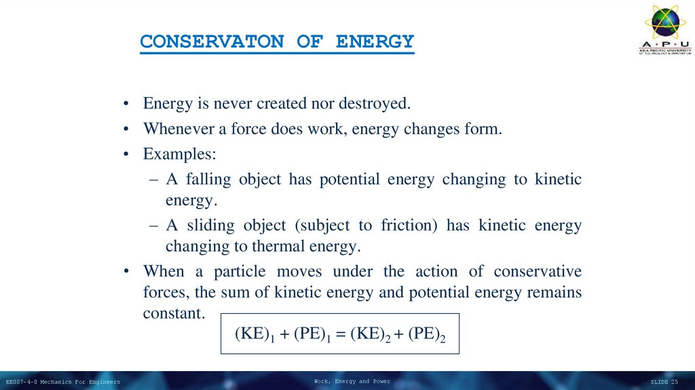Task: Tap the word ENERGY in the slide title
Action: pos(375,42)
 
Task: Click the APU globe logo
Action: pos(665,22)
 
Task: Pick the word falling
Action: pos(207,179)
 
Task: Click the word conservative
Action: pos(538,271)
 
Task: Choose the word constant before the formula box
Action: pos(173,313)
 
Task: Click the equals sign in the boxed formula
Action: pos(340,334)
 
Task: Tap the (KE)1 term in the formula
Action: pos(254,334)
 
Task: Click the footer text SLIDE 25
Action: pos(664,382)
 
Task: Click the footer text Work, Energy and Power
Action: pos(352,381)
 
